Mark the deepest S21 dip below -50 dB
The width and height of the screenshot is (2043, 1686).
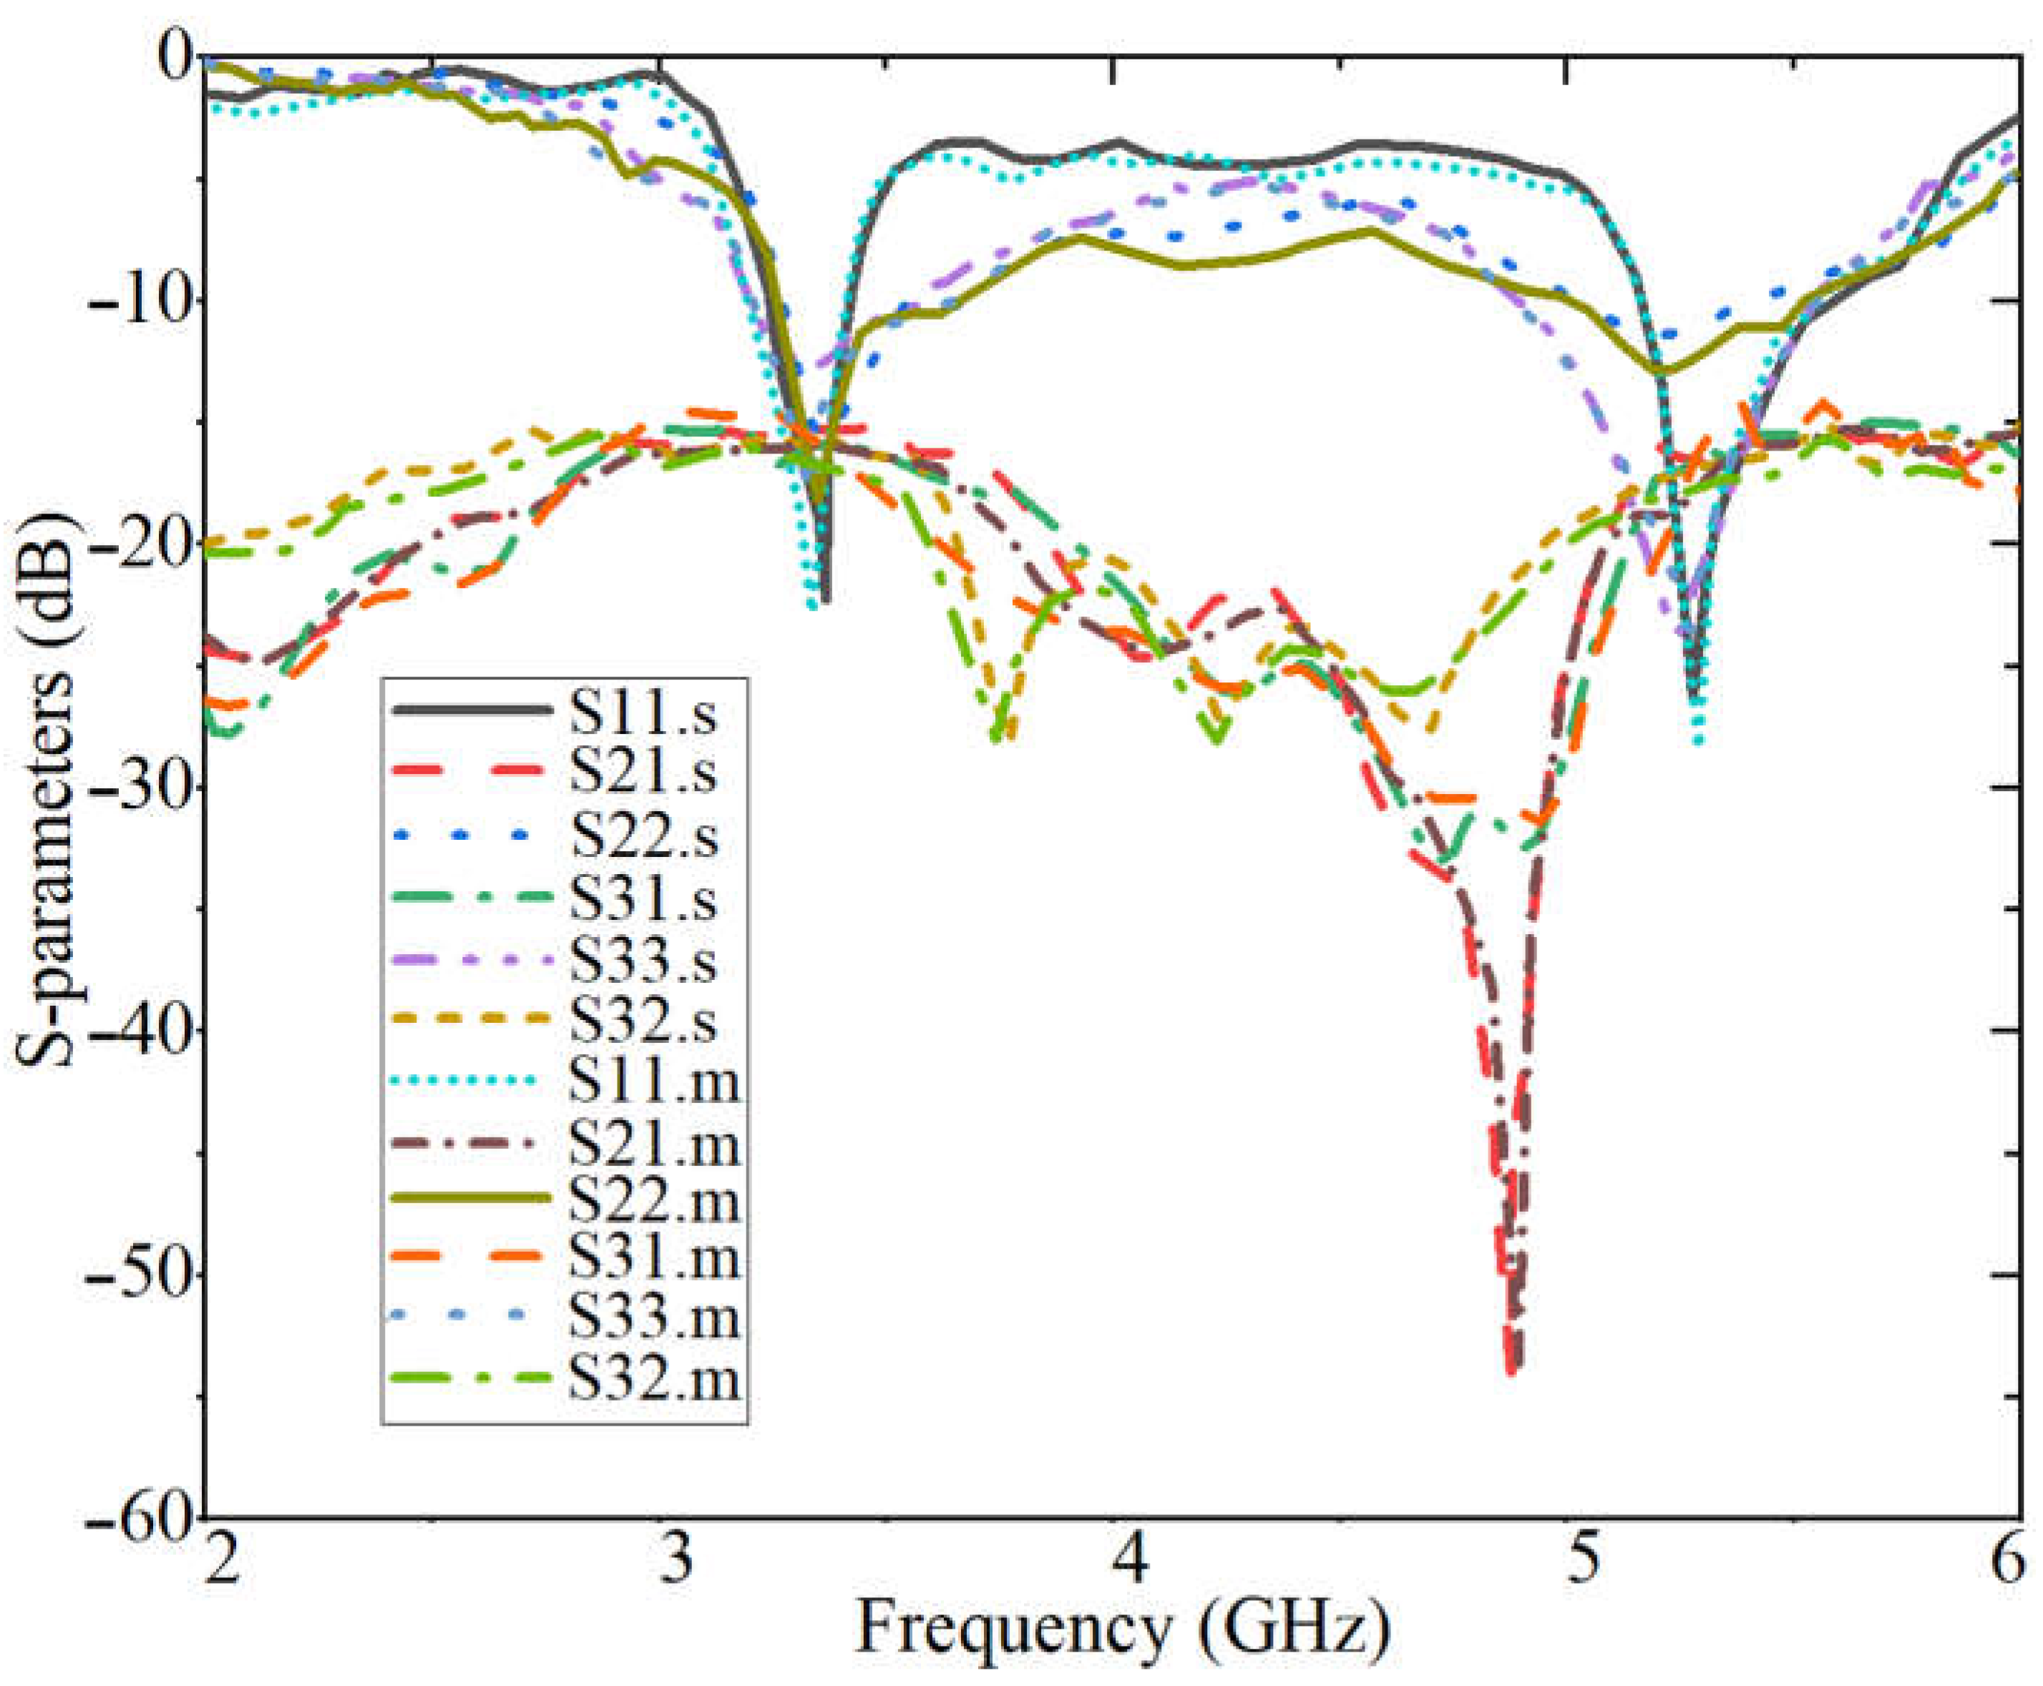point(1513,1369)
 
